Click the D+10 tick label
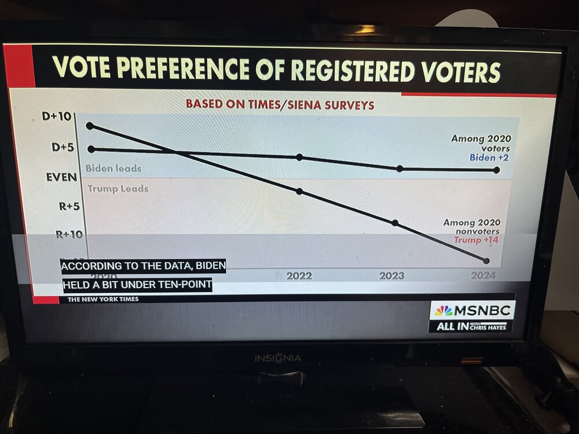pyautogui.click(x=56, y=116)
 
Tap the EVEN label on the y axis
pyautogui.click(x=61, y=176)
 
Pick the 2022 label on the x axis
pyautogui.click(x=299, y=276)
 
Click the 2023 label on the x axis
pyautogui.click(x=391, y=276)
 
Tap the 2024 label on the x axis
pyautogui.click(x=483, y=276)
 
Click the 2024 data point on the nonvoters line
pyautogui.click(x=486, y=260)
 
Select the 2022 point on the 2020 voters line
pyautogui.click(x=299, y=157)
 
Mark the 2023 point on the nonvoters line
pyautogui.click(x=395, y=222)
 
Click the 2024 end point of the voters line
pyautogui.click(x=496, y=170)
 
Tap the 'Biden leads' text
pyautogui.click(x=113, y=168)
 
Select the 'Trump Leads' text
pyautogui.click(x=118, y=189)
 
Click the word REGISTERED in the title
pyautogui.click(x=353, y=70)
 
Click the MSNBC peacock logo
pyautogui.click(x=444, y=311)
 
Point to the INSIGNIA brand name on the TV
pyautogui.click(x=278, y=358)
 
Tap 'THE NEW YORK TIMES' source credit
pyautogui.click(x=102, y=299)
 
